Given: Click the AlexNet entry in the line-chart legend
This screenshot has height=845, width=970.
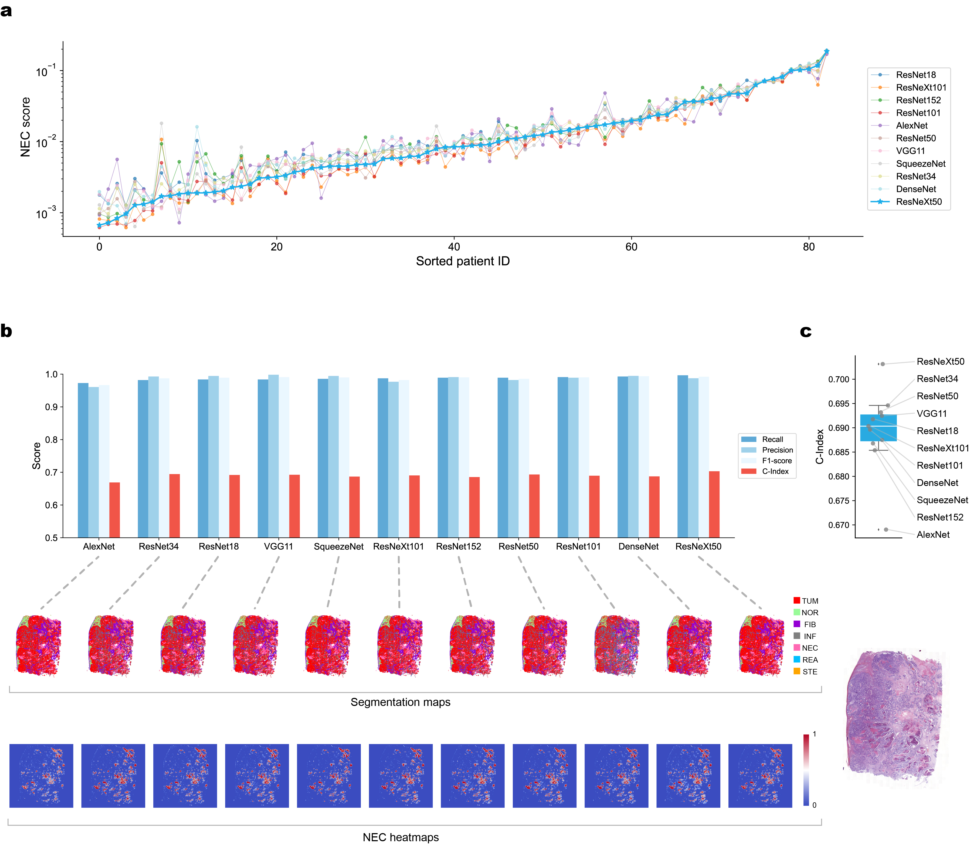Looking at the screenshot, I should (911, 126).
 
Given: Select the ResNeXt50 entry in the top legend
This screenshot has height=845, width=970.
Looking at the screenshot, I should (918, 202).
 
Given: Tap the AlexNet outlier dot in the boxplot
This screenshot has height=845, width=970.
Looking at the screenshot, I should (886, 529).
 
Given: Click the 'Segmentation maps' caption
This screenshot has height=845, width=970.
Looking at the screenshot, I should (400, 702).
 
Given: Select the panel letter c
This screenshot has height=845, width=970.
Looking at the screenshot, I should (806, 332).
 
